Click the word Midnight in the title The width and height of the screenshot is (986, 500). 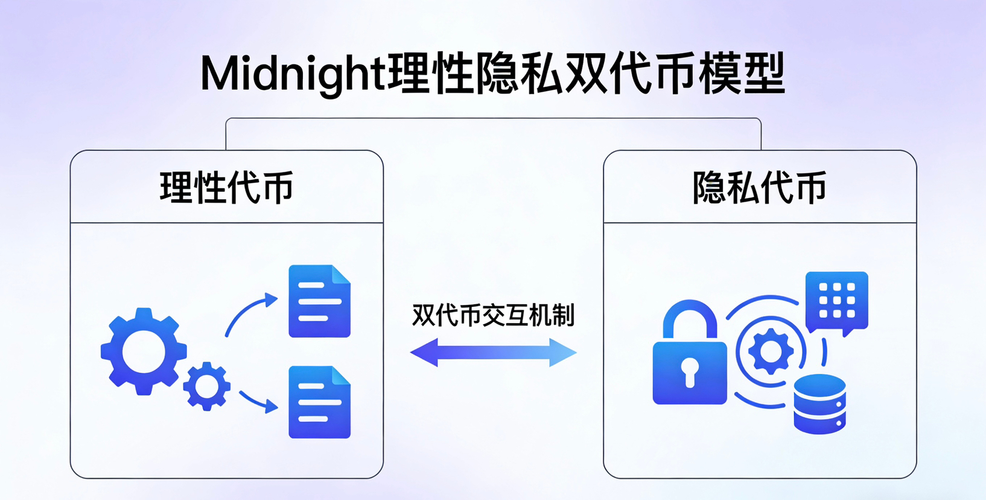click(292, 74)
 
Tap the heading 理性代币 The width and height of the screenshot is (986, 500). click(226, 187)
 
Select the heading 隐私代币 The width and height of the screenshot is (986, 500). click(759, 187)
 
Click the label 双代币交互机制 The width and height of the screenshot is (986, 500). click(493, 315)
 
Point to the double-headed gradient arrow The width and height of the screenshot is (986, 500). click(493, 353)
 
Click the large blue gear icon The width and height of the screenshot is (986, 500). click(144, 351)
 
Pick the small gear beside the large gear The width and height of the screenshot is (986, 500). click(207, 386)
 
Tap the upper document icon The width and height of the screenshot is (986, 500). click(319, 301)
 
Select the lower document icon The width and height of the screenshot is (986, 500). click(319, 402)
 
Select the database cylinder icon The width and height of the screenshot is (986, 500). click(819, 403)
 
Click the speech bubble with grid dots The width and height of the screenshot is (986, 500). click(837, 302)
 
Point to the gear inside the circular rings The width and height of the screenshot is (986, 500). click(771, 351)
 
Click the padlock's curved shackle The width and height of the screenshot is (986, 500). click(690, 317)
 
